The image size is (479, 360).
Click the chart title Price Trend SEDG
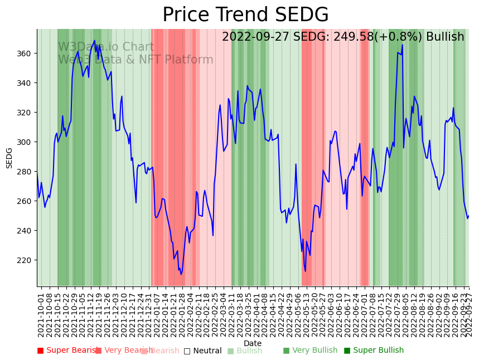point(245,15)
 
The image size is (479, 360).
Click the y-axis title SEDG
point(9,158)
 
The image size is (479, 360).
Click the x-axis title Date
point(253,343)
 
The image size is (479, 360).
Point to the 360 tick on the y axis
point(26,53)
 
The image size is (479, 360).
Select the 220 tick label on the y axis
point(26,260)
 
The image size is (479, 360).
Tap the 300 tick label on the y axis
point(26,142)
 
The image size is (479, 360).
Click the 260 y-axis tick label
point(26,201)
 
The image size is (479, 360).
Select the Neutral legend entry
point(203,351)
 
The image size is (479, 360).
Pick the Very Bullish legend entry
point(310,351)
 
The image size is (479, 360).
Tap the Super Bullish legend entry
point(374,351)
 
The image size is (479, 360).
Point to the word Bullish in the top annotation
point(445,37)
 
